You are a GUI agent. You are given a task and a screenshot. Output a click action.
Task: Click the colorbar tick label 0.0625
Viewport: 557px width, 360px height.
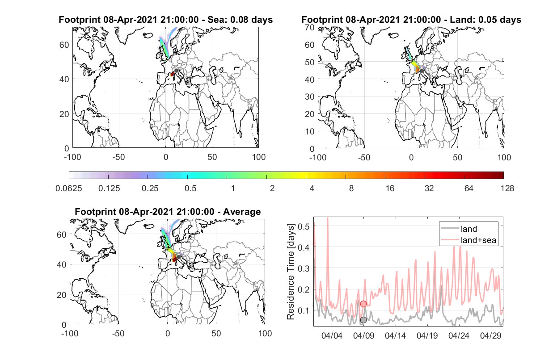point(69,188)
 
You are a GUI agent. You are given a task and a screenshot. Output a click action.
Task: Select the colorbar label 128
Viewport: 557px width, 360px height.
point(507,188)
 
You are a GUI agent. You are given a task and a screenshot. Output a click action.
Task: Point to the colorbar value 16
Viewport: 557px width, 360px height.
point(390,188)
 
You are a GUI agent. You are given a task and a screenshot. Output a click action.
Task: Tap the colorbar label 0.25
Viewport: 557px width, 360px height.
point(150,188)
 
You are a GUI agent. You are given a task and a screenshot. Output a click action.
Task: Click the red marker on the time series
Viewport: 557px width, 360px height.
point(363,304)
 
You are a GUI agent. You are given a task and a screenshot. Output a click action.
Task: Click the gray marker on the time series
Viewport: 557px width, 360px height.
point(363,320)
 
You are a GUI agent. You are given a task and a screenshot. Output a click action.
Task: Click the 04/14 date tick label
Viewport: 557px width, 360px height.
point(395,335)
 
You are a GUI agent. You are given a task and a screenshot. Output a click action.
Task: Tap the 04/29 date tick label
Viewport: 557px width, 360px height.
point(490,335)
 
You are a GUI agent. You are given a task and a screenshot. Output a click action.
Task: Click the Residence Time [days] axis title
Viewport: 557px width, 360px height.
point(291,272)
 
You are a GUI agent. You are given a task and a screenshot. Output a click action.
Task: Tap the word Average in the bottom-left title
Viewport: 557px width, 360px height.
point(242,212)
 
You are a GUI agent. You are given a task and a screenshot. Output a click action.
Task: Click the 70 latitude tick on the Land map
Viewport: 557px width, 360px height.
point(310,27)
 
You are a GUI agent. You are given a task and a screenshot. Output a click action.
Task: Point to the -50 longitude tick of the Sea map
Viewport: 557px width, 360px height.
point(118,157)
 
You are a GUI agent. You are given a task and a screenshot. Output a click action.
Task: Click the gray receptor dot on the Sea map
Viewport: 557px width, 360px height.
point(176,71)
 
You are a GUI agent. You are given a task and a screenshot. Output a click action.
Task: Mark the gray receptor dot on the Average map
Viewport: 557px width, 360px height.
point(178,257)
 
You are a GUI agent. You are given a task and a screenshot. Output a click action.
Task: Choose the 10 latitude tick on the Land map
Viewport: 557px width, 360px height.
point(310,131)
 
